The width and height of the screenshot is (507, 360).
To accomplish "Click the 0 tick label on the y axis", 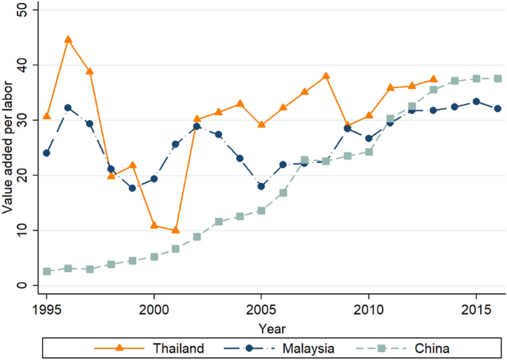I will coord(23,286).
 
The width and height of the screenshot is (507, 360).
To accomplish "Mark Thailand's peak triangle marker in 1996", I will coord(68,39).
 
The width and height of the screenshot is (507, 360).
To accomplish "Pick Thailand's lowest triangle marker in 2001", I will coord(175,230).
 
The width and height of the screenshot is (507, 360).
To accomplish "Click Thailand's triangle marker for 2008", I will coord(326,76).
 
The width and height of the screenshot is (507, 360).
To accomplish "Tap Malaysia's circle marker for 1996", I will coord(68,107).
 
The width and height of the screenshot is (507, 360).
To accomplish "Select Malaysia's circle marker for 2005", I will coord(261,186).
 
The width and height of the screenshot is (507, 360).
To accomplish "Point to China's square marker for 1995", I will coord(47,272).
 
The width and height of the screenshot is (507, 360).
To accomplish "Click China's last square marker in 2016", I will coord(497,79).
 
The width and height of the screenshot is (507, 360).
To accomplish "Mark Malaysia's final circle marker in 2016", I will coord(497,108).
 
